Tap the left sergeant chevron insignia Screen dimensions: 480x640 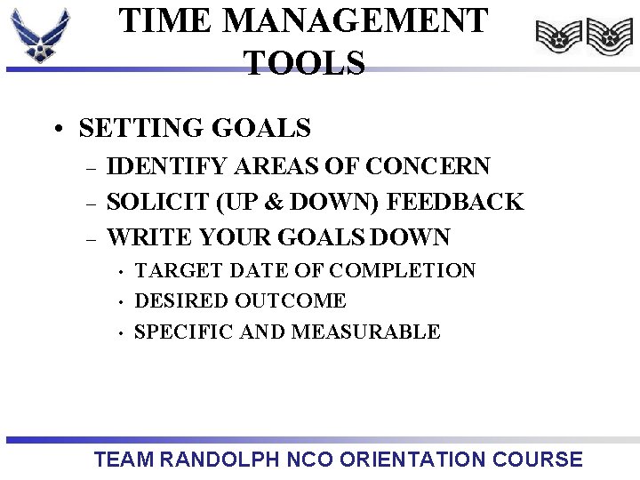tap(558, 37)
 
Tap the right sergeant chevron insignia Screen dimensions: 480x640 tap(610, 37)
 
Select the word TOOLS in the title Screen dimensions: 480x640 tap(304, 63)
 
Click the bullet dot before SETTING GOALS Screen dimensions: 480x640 tap(58, 130)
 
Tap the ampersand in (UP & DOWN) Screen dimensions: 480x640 tap(274, 202)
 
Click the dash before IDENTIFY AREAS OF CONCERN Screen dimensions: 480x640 tap(88, 167)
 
